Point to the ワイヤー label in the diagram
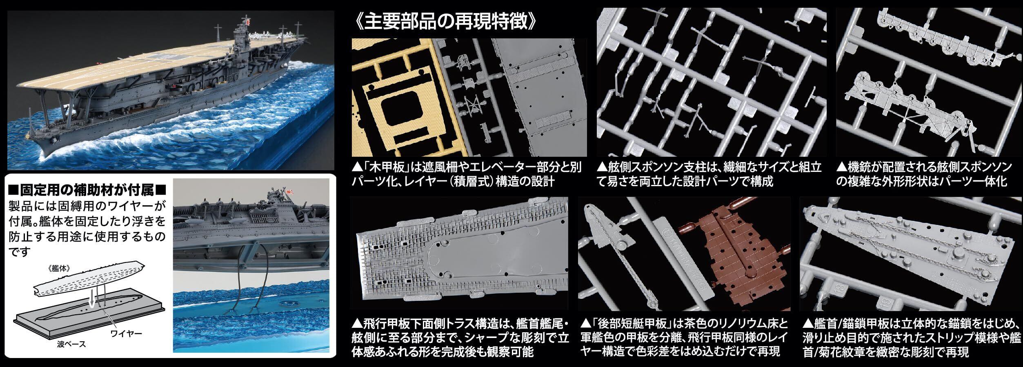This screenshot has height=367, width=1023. (127, 334)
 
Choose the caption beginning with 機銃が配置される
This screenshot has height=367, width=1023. (927, 174)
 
